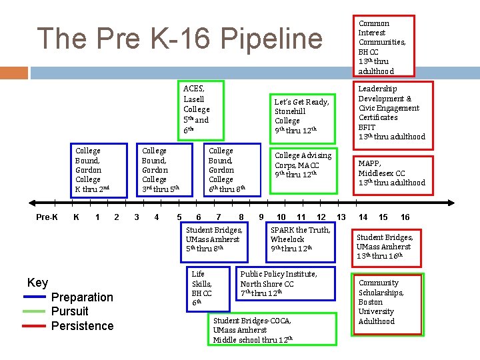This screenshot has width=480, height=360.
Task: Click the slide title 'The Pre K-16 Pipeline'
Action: point(179,39)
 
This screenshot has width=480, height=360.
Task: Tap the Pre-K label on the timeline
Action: point(47,217)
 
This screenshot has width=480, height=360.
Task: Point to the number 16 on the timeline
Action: point(405,217)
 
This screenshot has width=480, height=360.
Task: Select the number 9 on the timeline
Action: point(261,217)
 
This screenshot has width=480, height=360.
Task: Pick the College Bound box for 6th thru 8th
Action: point(227,170)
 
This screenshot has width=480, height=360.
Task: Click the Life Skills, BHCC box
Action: point(203,288)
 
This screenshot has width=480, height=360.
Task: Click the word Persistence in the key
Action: point(82,326)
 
